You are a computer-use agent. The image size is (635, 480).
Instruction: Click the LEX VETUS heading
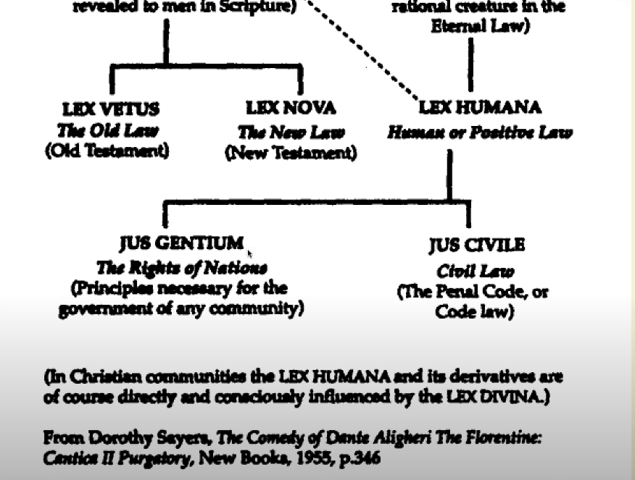(111, 109)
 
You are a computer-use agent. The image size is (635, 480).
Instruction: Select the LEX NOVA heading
(291, 109)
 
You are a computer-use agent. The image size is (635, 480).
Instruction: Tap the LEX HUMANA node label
(480, 108)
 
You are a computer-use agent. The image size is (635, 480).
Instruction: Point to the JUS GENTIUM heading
(181, 243)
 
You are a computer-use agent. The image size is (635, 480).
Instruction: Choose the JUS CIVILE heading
(476, 245)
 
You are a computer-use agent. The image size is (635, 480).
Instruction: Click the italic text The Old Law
(107, 131)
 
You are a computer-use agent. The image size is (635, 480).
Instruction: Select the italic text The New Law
(291, 132)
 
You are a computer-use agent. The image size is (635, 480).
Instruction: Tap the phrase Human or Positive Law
(480, 132)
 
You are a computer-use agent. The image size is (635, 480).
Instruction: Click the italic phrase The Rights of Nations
(181, 268)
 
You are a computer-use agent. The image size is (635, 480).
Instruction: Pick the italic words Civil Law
(476, 271)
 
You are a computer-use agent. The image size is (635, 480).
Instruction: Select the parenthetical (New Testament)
(291, 153)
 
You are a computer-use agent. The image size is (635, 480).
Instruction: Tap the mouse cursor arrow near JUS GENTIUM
(250, 254)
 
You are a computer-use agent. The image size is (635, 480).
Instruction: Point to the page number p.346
(363, 458)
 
